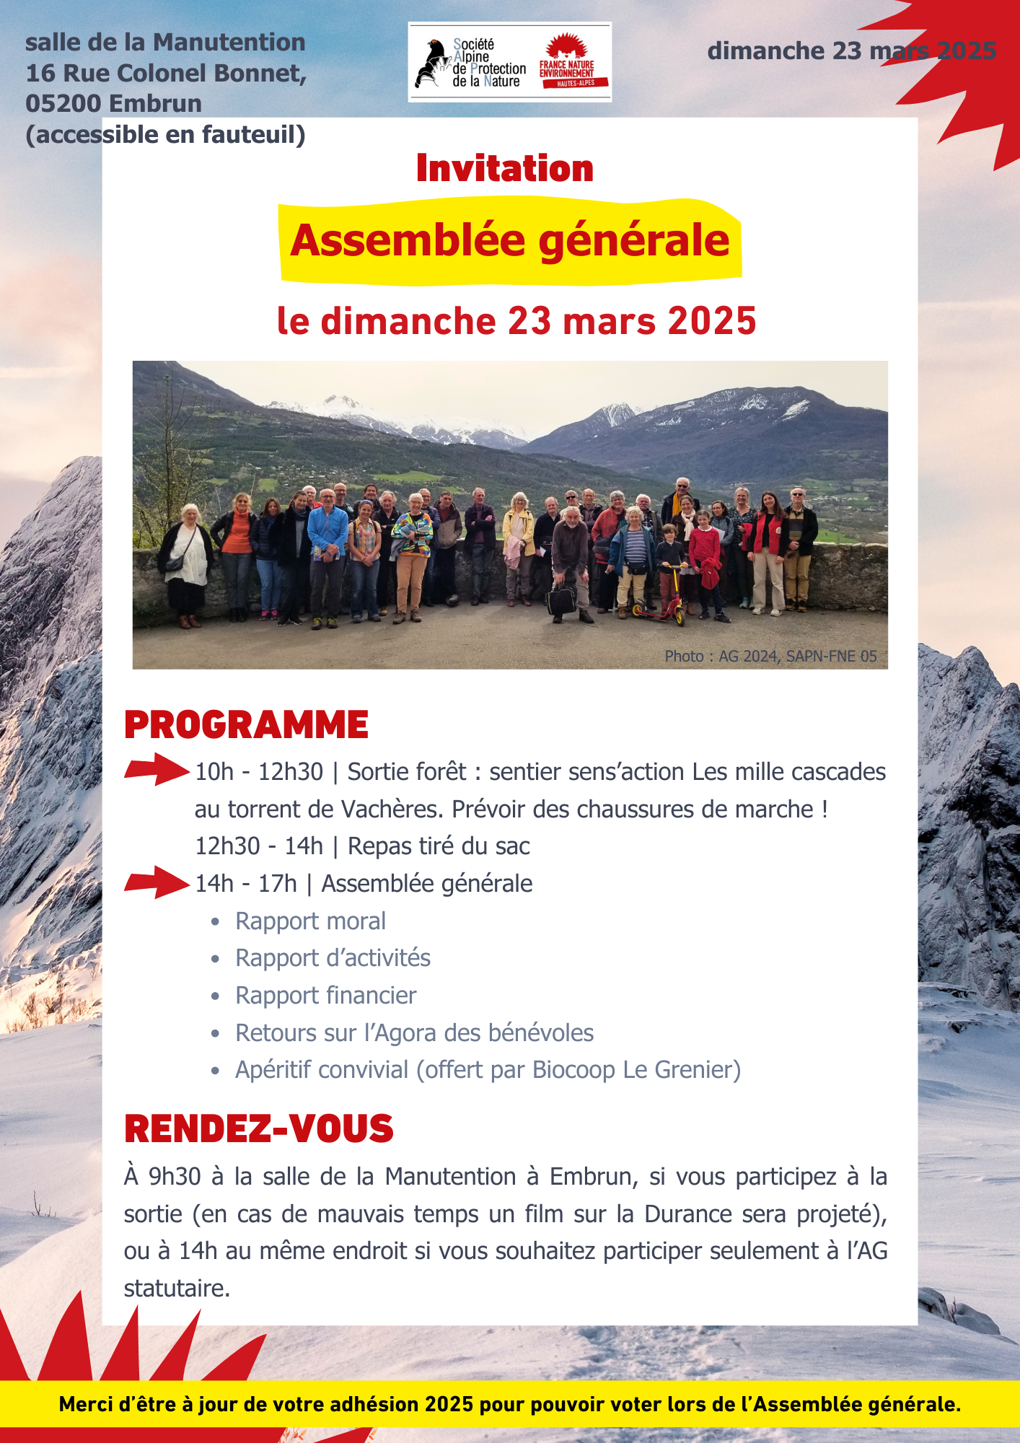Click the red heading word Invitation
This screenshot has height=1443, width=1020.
tap(505, 168)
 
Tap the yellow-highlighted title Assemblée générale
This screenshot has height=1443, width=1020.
tap(510, 240)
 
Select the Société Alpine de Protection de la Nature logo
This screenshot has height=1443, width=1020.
tap(470, 63)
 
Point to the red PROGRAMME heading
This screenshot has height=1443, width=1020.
tap(246, 725)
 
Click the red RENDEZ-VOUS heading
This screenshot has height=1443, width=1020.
tap(258, 1129)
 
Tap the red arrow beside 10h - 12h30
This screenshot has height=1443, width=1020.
tap(157, 769)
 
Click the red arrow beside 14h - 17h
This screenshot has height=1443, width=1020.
tap(157, 882)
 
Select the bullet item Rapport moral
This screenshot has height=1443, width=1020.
tap(310, 921)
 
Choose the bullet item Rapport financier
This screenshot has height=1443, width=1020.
tap(325, 996)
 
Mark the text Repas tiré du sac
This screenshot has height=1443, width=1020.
tap(439, 846)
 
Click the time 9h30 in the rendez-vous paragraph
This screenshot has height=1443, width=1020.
tap(175, 1177)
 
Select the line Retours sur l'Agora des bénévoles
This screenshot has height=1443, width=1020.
tap(414, 1033)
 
